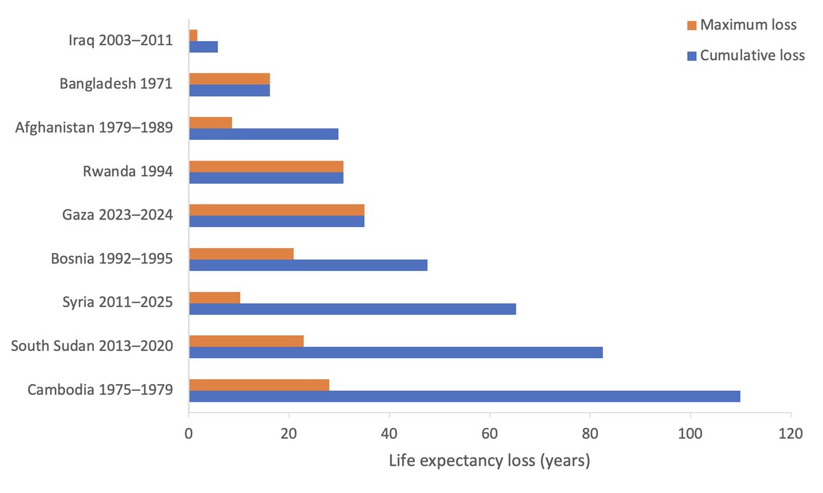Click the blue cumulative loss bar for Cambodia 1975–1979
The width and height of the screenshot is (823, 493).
pos(464,396)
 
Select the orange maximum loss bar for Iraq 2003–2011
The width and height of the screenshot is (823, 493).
pos(193,35)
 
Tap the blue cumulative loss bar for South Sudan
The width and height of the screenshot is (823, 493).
pos(396,352)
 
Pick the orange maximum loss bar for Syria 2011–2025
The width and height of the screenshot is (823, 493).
pos(215,298)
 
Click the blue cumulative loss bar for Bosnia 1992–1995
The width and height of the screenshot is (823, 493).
pos(308,265)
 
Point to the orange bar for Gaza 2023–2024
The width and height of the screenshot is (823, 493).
pos(276,210)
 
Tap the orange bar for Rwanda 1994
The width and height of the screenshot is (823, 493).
pos(266,167)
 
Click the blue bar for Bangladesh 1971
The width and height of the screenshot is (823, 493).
pos(229,90)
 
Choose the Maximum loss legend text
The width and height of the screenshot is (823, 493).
pos(748,25)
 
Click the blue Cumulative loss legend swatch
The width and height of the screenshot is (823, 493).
pos(691,56)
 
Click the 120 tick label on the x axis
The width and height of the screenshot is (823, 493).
pos(790,433)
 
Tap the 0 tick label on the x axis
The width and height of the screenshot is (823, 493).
pos(189,433)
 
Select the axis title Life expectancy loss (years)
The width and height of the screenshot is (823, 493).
pos(489,461)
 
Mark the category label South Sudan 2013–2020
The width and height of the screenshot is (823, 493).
pos(91,346)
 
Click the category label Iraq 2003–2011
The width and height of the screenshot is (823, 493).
pos(120,40)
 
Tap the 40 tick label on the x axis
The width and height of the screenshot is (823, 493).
pos(389,433)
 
